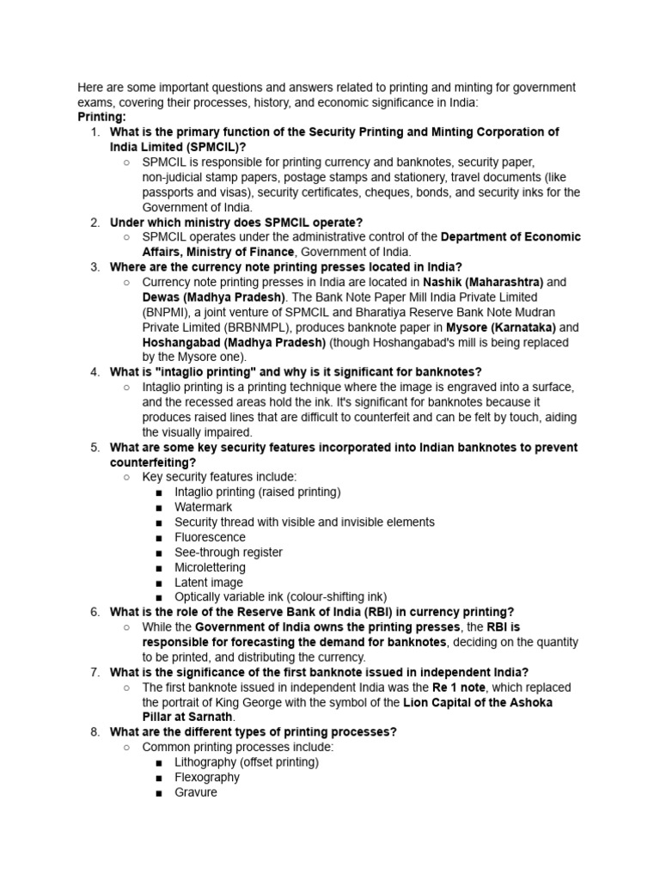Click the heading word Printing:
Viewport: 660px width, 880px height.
[x=101, y=117]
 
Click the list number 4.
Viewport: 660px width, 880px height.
[x=95, y=372]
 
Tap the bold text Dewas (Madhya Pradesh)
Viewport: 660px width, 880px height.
[x=202, y=297]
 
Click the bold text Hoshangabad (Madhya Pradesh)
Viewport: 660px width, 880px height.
[x=234, y=342]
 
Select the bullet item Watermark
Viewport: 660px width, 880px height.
[x=203, y=507]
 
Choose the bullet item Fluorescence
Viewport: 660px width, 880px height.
[x=210, y=537]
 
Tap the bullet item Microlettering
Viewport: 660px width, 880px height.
[x=210, y=567]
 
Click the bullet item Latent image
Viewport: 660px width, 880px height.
[x=209, y=583]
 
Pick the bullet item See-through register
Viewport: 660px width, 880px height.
[x=228, y=553]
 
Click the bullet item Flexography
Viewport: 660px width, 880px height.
[x=207, y=777]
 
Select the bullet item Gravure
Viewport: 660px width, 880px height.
[x=196, y=792]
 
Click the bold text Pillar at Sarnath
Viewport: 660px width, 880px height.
[x=188, y=717]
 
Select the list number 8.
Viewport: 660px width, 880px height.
[x=95, y=732]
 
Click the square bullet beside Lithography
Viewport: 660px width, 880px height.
[x=160, y=762]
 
